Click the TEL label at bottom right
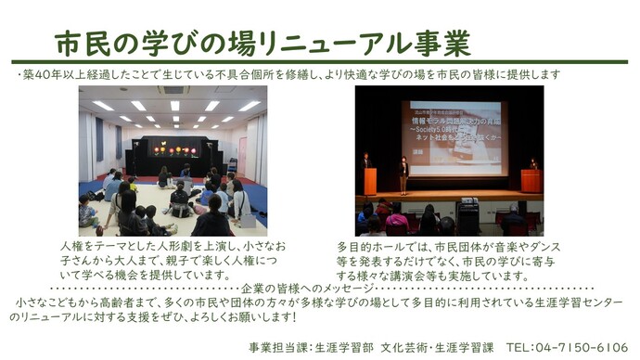[521, 346]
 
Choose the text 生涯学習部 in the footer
[342, 346]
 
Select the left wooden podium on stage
[370, 180]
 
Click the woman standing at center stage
[403, 175]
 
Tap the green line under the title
[320, 62]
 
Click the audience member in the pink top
[398, 221]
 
